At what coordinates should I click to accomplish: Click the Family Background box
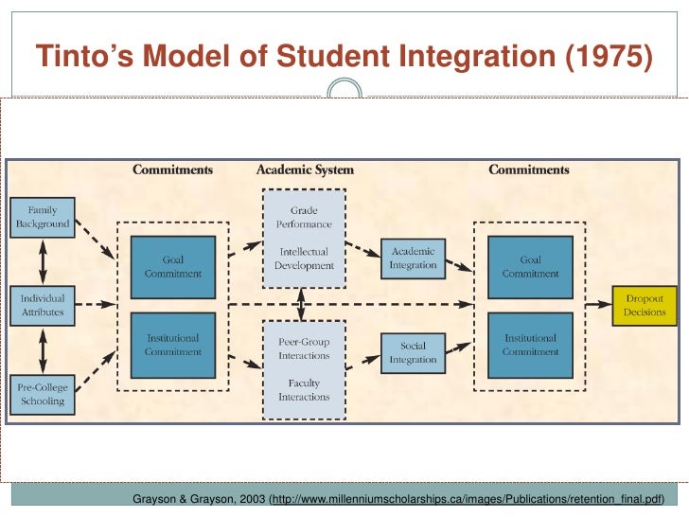[42, 216]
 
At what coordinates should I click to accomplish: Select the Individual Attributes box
[42, 304]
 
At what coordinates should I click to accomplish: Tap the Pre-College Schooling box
[42, 394]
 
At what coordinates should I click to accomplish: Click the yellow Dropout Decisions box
[645, 305]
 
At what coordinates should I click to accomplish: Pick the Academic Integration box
[413, 258]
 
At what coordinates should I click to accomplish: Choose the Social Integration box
[413, 353]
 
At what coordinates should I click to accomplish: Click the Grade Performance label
[304, 217]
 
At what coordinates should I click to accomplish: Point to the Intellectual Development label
[304, 259]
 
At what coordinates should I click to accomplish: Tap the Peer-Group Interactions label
[304, 348]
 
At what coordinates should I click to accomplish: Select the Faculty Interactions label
[304, 390]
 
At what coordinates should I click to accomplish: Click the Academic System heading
[305, 170]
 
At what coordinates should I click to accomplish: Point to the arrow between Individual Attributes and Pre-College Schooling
[42, 348]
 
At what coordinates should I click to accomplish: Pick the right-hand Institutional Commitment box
[530, 345]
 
